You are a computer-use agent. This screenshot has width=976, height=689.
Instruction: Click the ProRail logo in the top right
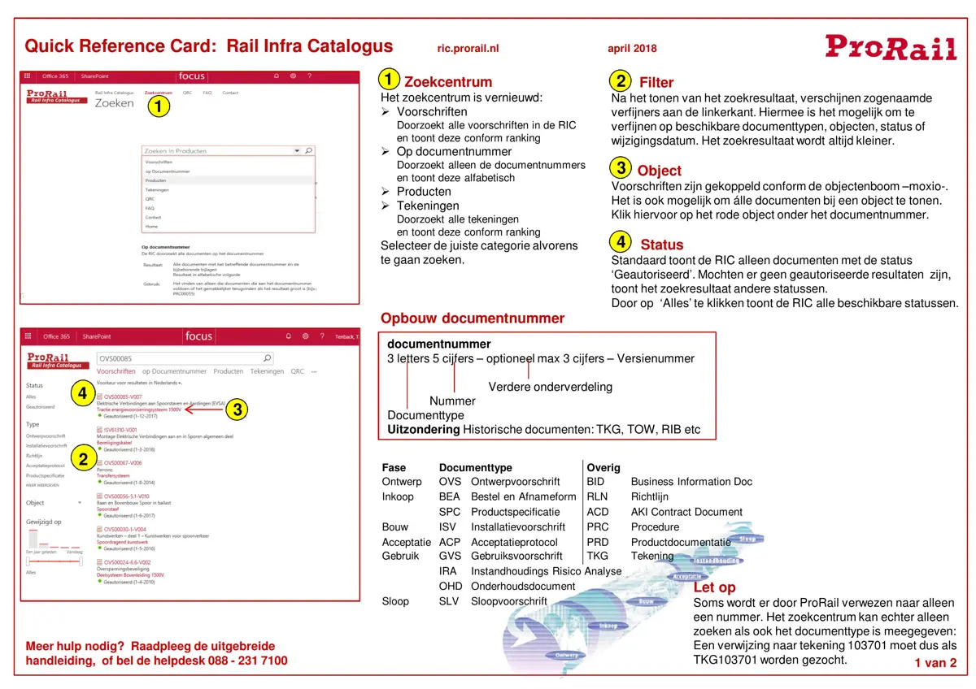click(x=891, y=46)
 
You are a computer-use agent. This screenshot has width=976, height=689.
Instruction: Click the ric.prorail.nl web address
click(x=468, y=49)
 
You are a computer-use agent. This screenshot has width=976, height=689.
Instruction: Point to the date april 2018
click(x=632, y=49)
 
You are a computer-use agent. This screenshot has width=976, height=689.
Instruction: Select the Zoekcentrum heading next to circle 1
click(x=448, y=82)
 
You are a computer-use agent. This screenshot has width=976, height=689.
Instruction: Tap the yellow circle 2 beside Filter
click(x=621, y=81)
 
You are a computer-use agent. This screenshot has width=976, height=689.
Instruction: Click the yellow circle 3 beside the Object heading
click(x=621, y=169)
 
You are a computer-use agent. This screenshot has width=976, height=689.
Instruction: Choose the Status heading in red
click(x=661, y=245)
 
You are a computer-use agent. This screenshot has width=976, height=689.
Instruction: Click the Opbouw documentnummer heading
click(x=472, y=318)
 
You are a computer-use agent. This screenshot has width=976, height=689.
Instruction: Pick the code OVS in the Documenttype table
click(x=450, y=482)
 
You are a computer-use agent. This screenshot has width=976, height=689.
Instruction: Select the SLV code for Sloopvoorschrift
click(x=450, y=601)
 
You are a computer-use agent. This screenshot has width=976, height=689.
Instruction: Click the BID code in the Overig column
click(x=596, y=482)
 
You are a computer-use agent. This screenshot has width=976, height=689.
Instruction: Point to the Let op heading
click(x=714, y=587)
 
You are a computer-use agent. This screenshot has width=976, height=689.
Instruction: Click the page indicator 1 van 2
click(x=935, y=663)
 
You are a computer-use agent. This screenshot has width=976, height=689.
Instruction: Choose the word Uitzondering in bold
click(x=423, y=429)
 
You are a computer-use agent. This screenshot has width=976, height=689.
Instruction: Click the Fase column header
click(x=394, y=467)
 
